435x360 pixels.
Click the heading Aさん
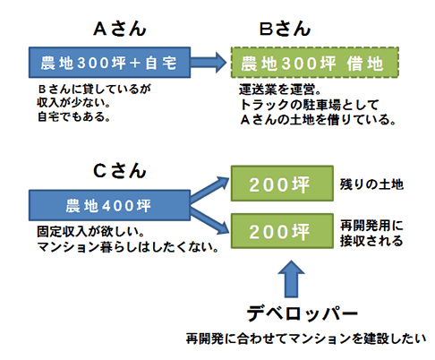tap(120, 30)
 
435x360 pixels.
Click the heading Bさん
tap(285, 30)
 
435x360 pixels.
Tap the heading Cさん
tap(120, 171)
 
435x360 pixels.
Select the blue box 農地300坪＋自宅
tap(109, 63)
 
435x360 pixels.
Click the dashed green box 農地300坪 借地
tap(315, 63)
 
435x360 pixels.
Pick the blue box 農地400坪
tap(109, 205)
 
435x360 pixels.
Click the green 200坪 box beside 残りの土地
tap(282, 184)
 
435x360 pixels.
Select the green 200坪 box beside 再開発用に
tap(282, 231)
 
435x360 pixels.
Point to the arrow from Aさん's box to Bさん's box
tap(209, 63)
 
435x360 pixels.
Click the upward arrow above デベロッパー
tap(291, 279)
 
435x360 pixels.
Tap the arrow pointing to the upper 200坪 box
tap(209, 189)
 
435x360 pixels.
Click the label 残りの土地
tap(371, 184)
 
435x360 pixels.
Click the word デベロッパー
tap(303, 313)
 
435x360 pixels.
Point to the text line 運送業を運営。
tap(280, 90)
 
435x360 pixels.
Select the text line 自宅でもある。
tap(73, 116)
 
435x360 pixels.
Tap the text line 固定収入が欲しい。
tap(91, 231)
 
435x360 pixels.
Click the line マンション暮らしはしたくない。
tap(128, 247)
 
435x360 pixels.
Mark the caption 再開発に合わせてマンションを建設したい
tap(306, 339)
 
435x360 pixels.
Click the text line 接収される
tap(371, 241)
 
